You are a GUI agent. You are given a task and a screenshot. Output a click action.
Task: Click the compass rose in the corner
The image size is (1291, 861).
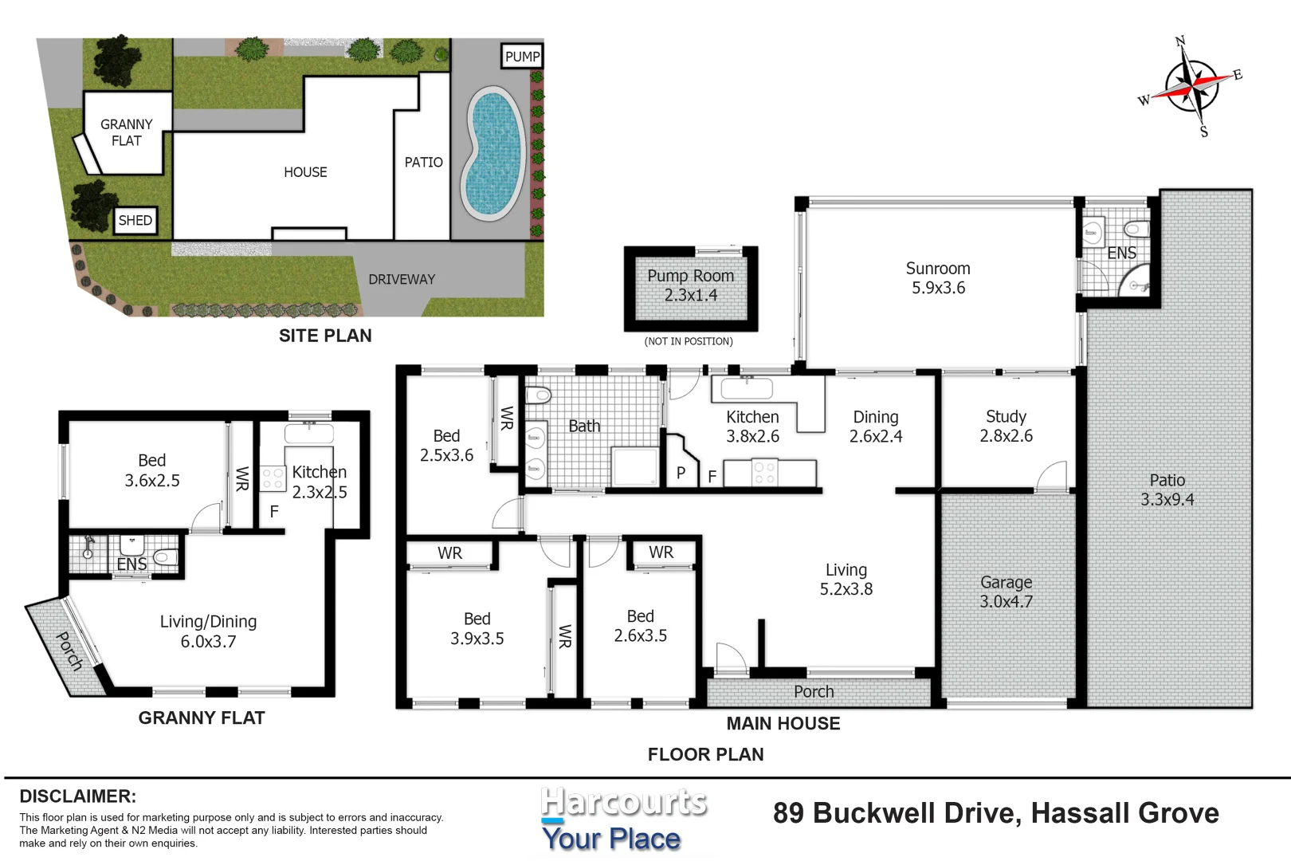coord(1192,88)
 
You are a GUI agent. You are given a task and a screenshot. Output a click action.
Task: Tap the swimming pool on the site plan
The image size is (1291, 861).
coord(495,153)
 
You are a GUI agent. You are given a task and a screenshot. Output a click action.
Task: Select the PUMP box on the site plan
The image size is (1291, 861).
coord(522,57)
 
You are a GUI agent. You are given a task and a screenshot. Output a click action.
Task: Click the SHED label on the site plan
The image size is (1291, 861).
coord(135,220)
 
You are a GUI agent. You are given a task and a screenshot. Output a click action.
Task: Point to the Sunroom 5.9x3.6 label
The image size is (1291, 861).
coord(938,278)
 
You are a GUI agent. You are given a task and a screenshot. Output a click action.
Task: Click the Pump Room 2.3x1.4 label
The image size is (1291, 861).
coord(690,285)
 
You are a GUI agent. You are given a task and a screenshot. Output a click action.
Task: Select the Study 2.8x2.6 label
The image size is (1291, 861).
coord(1007,427)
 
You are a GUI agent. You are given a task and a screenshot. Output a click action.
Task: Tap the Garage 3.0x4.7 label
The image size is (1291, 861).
coord(1007,592)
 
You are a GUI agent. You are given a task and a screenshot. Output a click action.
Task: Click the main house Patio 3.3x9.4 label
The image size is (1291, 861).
coord(1167,489)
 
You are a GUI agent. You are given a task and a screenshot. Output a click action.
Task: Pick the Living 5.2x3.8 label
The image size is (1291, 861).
coord(846,580)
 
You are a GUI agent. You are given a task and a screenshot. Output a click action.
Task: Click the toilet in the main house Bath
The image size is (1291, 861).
coord(539,395)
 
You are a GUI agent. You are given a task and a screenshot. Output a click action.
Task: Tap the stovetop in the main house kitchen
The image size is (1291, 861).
coord(765,473)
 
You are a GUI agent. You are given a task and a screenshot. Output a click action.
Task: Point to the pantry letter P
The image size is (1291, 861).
coord(681,473)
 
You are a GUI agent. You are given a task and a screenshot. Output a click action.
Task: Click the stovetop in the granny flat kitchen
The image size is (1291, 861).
coord(273,478)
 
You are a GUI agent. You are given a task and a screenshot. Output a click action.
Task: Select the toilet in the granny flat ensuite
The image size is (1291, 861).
coord(167,557)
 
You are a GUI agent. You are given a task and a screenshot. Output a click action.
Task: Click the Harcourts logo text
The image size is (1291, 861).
coord(624,802)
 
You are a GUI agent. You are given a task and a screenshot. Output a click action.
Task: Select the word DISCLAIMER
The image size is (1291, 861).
coord(78,796)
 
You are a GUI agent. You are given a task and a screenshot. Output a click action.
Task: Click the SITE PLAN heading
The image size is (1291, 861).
coord(325,336)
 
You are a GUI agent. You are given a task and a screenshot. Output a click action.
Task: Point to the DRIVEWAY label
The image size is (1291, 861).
coord(402,279)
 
